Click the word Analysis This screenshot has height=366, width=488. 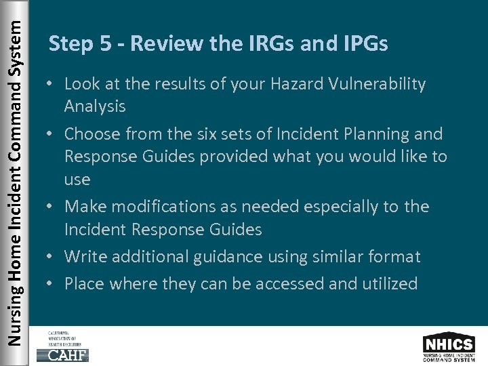(95, 106)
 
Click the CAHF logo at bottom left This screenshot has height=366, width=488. (63, 347)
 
